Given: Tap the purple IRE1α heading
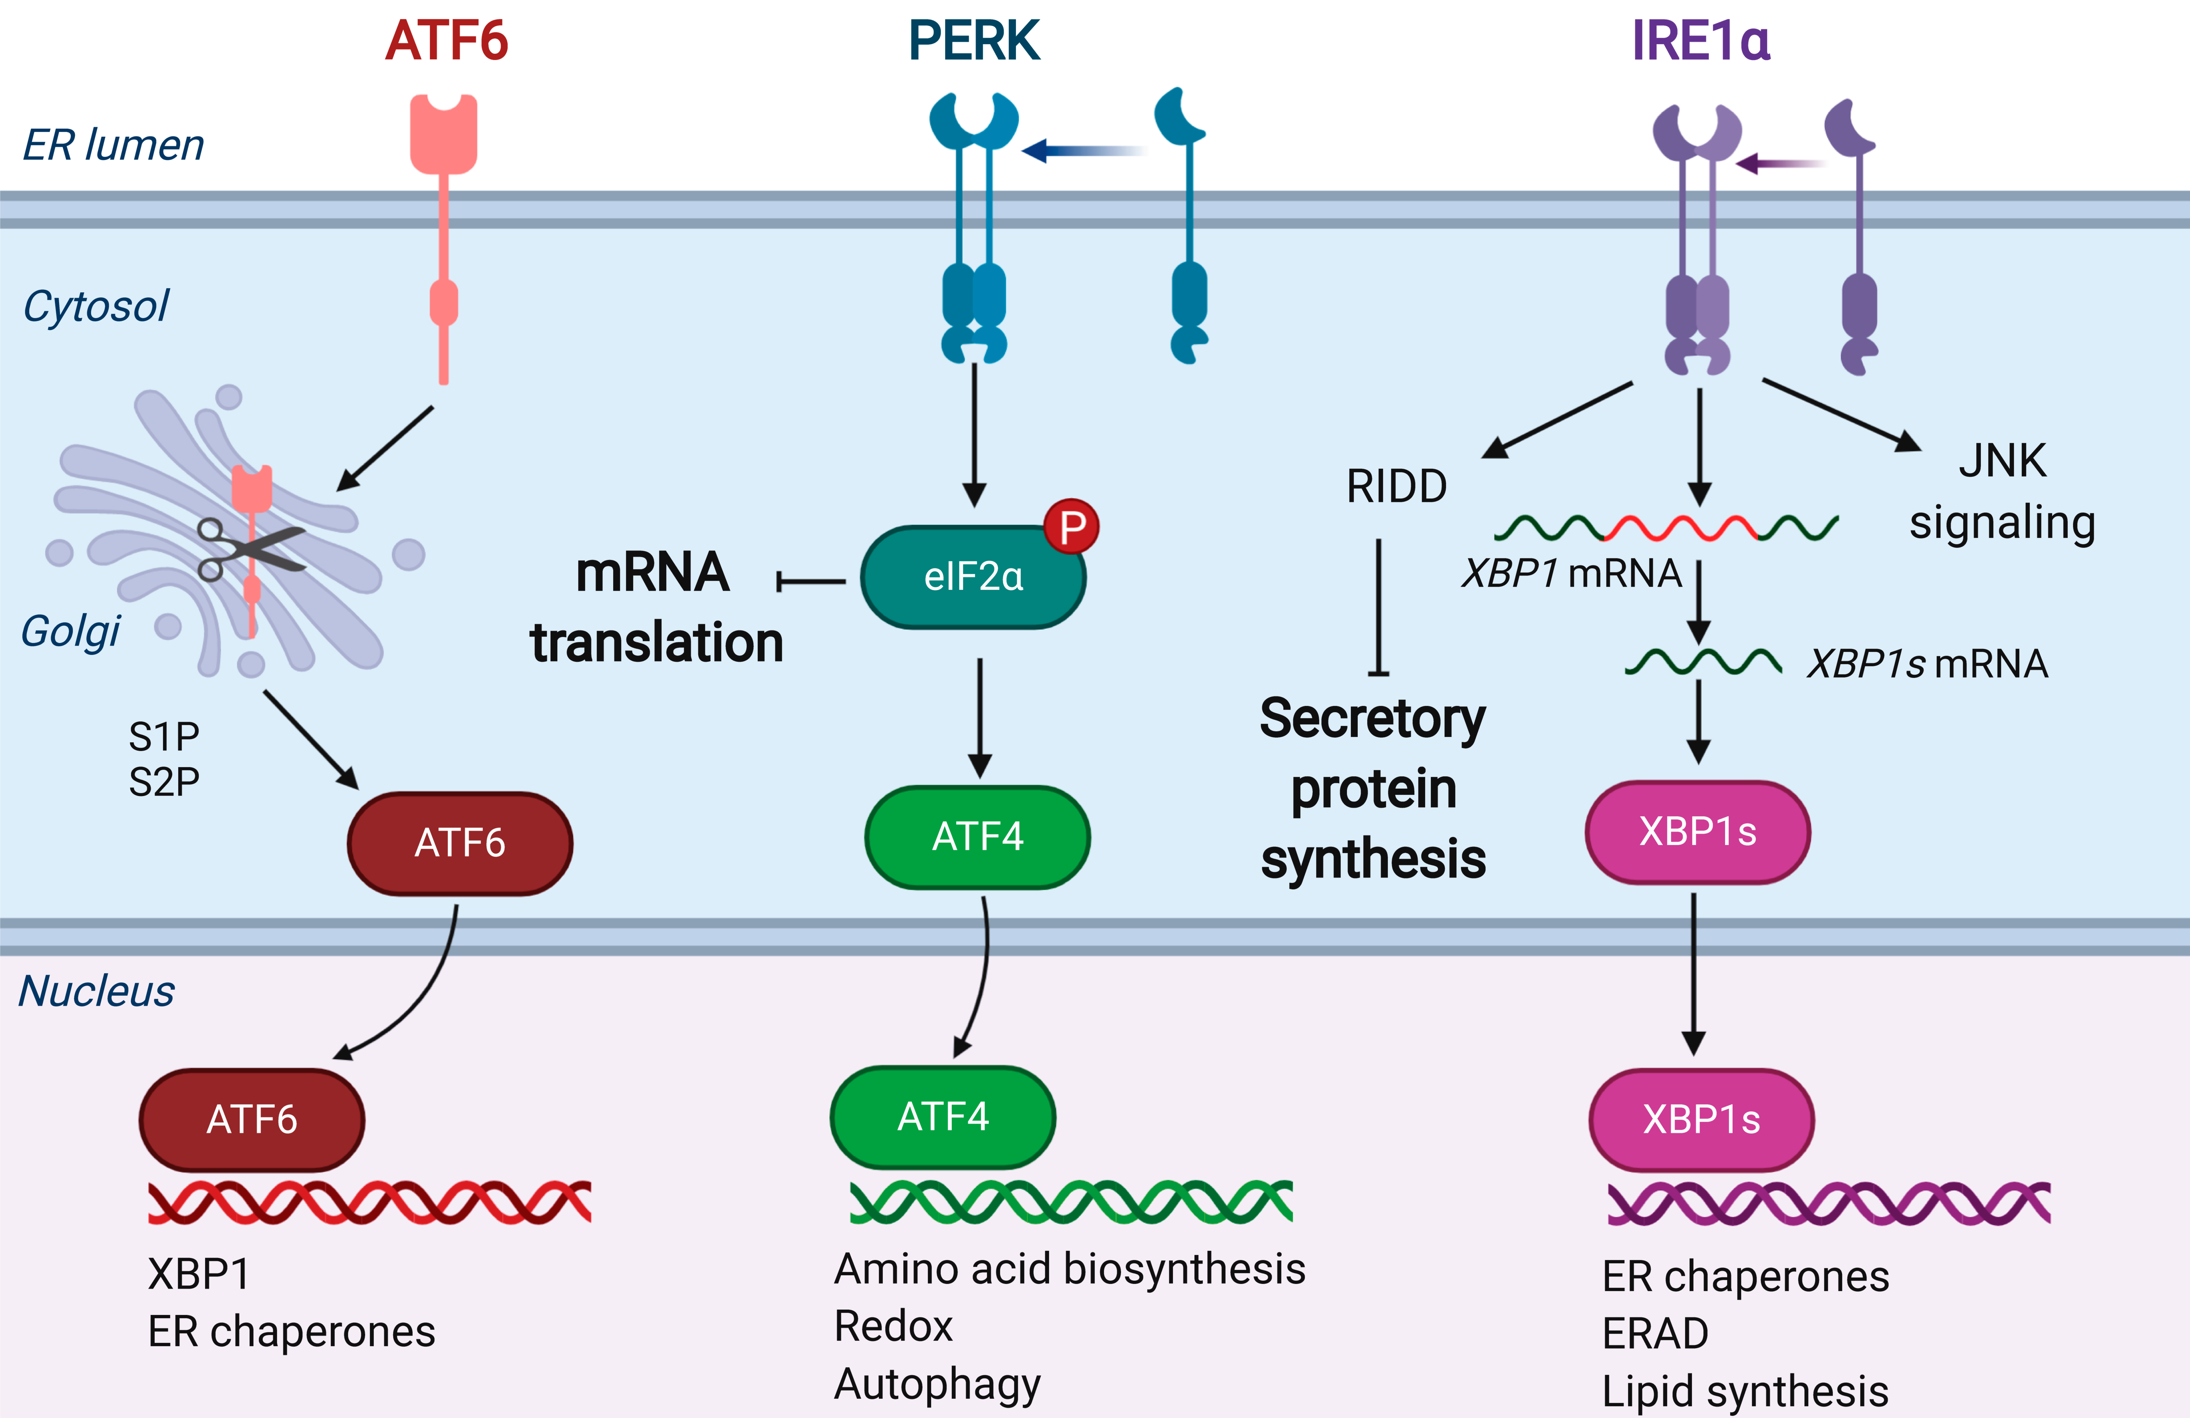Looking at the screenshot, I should click(x=1701, y=41).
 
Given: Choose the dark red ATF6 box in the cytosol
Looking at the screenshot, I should click(x=460, y=843).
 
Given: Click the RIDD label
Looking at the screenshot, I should click(x=1397, y=486).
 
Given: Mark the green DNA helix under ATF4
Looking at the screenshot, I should click(x=1071, y=1202).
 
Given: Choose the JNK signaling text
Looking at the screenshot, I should click(x=2002, y=492).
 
